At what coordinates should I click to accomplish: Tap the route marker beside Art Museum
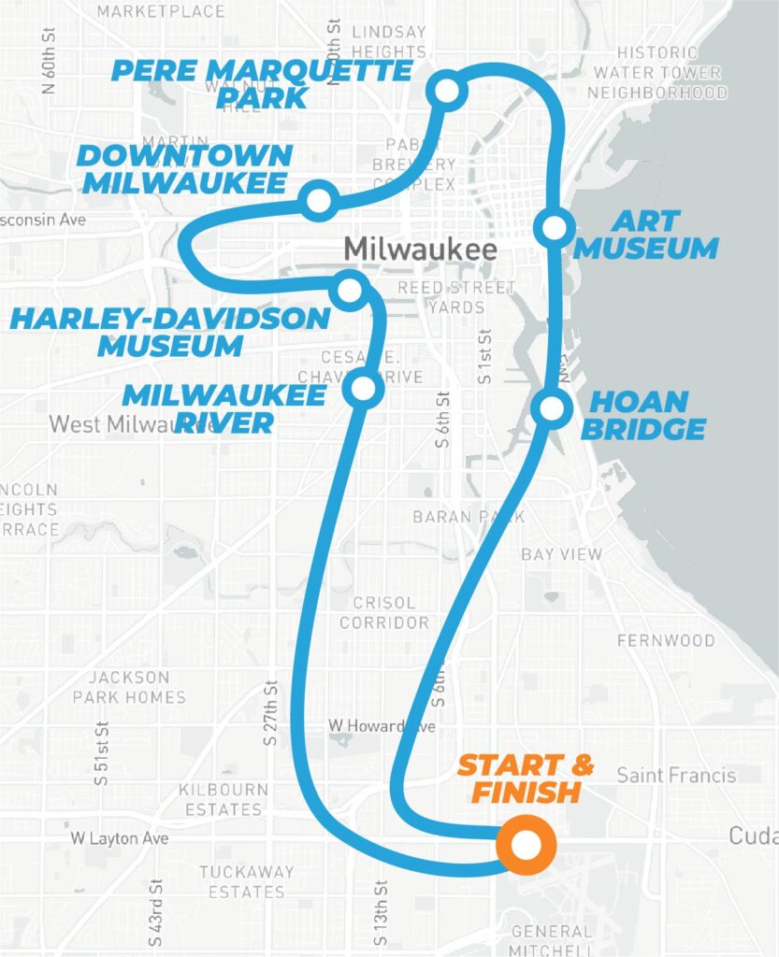pyautogui.click(x=554, y=227)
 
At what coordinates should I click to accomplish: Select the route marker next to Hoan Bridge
pyautogui.click(x=551, y=408)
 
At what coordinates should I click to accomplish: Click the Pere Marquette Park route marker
pyautogui.click(x=447, y=92)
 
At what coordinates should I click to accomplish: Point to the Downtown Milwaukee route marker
pyautogui.click(x=320, y=200)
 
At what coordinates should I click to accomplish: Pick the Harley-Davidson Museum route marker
pyautogui.click(x=350, y=290)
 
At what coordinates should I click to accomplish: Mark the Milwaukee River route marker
pyautogui.click(x=363, y=387)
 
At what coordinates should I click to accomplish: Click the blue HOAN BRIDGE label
pyautogui.click(x=649, y=416)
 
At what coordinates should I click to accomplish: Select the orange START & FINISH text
pyautogui.click(x=526, y=779)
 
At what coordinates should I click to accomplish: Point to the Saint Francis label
pyautogui.click(x=676, y=775)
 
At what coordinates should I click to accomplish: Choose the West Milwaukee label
pyautogui.click(x=131, y=424)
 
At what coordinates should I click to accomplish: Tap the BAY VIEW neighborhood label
pyautogui.click(x=562, y=554)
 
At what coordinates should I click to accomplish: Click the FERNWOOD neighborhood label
pyautogui.click(x=666, y=641)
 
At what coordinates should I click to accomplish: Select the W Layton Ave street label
pyautogui.click(x=120, y=838)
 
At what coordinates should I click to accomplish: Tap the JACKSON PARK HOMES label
pyautogui.click(x=129, y=687)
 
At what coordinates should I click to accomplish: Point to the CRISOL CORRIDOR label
pyautogui.click(x=384, y=612)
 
